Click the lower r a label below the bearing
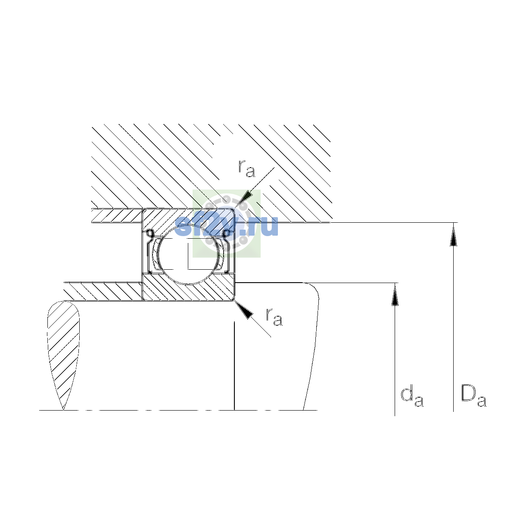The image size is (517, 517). coord(274,317)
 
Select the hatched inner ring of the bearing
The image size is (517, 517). coord(188,287)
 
